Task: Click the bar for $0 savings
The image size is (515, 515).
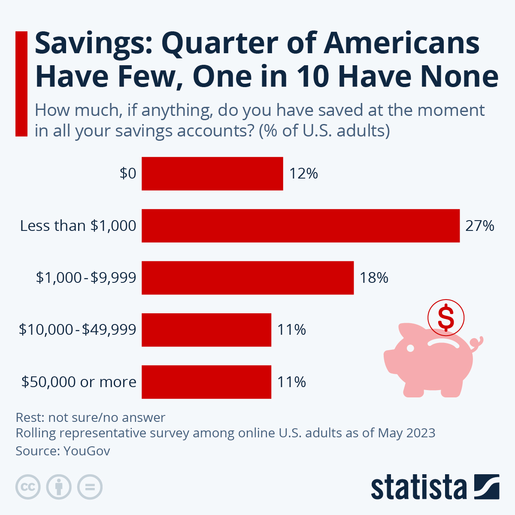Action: pos(212,173)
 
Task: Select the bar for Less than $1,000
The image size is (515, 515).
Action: pos(300,226)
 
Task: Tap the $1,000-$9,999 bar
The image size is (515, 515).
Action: pos(248,278)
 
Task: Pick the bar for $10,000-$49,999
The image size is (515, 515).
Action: pos(206,330)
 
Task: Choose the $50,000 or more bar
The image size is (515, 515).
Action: pos(206,382)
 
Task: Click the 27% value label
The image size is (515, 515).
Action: pos(480,226)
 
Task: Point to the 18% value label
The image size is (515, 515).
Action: pos(374,278)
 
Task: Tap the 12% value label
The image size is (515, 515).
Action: pos(303,173)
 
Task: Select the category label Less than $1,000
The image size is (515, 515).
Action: pos(78,226)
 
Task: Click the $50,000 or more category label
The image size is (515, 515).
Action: pos(79,382)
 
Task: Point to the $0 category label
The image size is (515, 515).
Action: pos(128,173)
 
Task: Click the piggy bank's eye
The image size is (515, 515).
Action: pos(410,348)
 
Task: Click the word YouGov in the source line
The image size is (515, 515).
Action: pos(87,451)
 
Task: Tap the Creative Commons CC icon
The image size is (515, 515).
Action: pos(28,487)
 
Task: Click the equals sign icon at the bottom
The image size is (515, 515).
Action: pos(90,487)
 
